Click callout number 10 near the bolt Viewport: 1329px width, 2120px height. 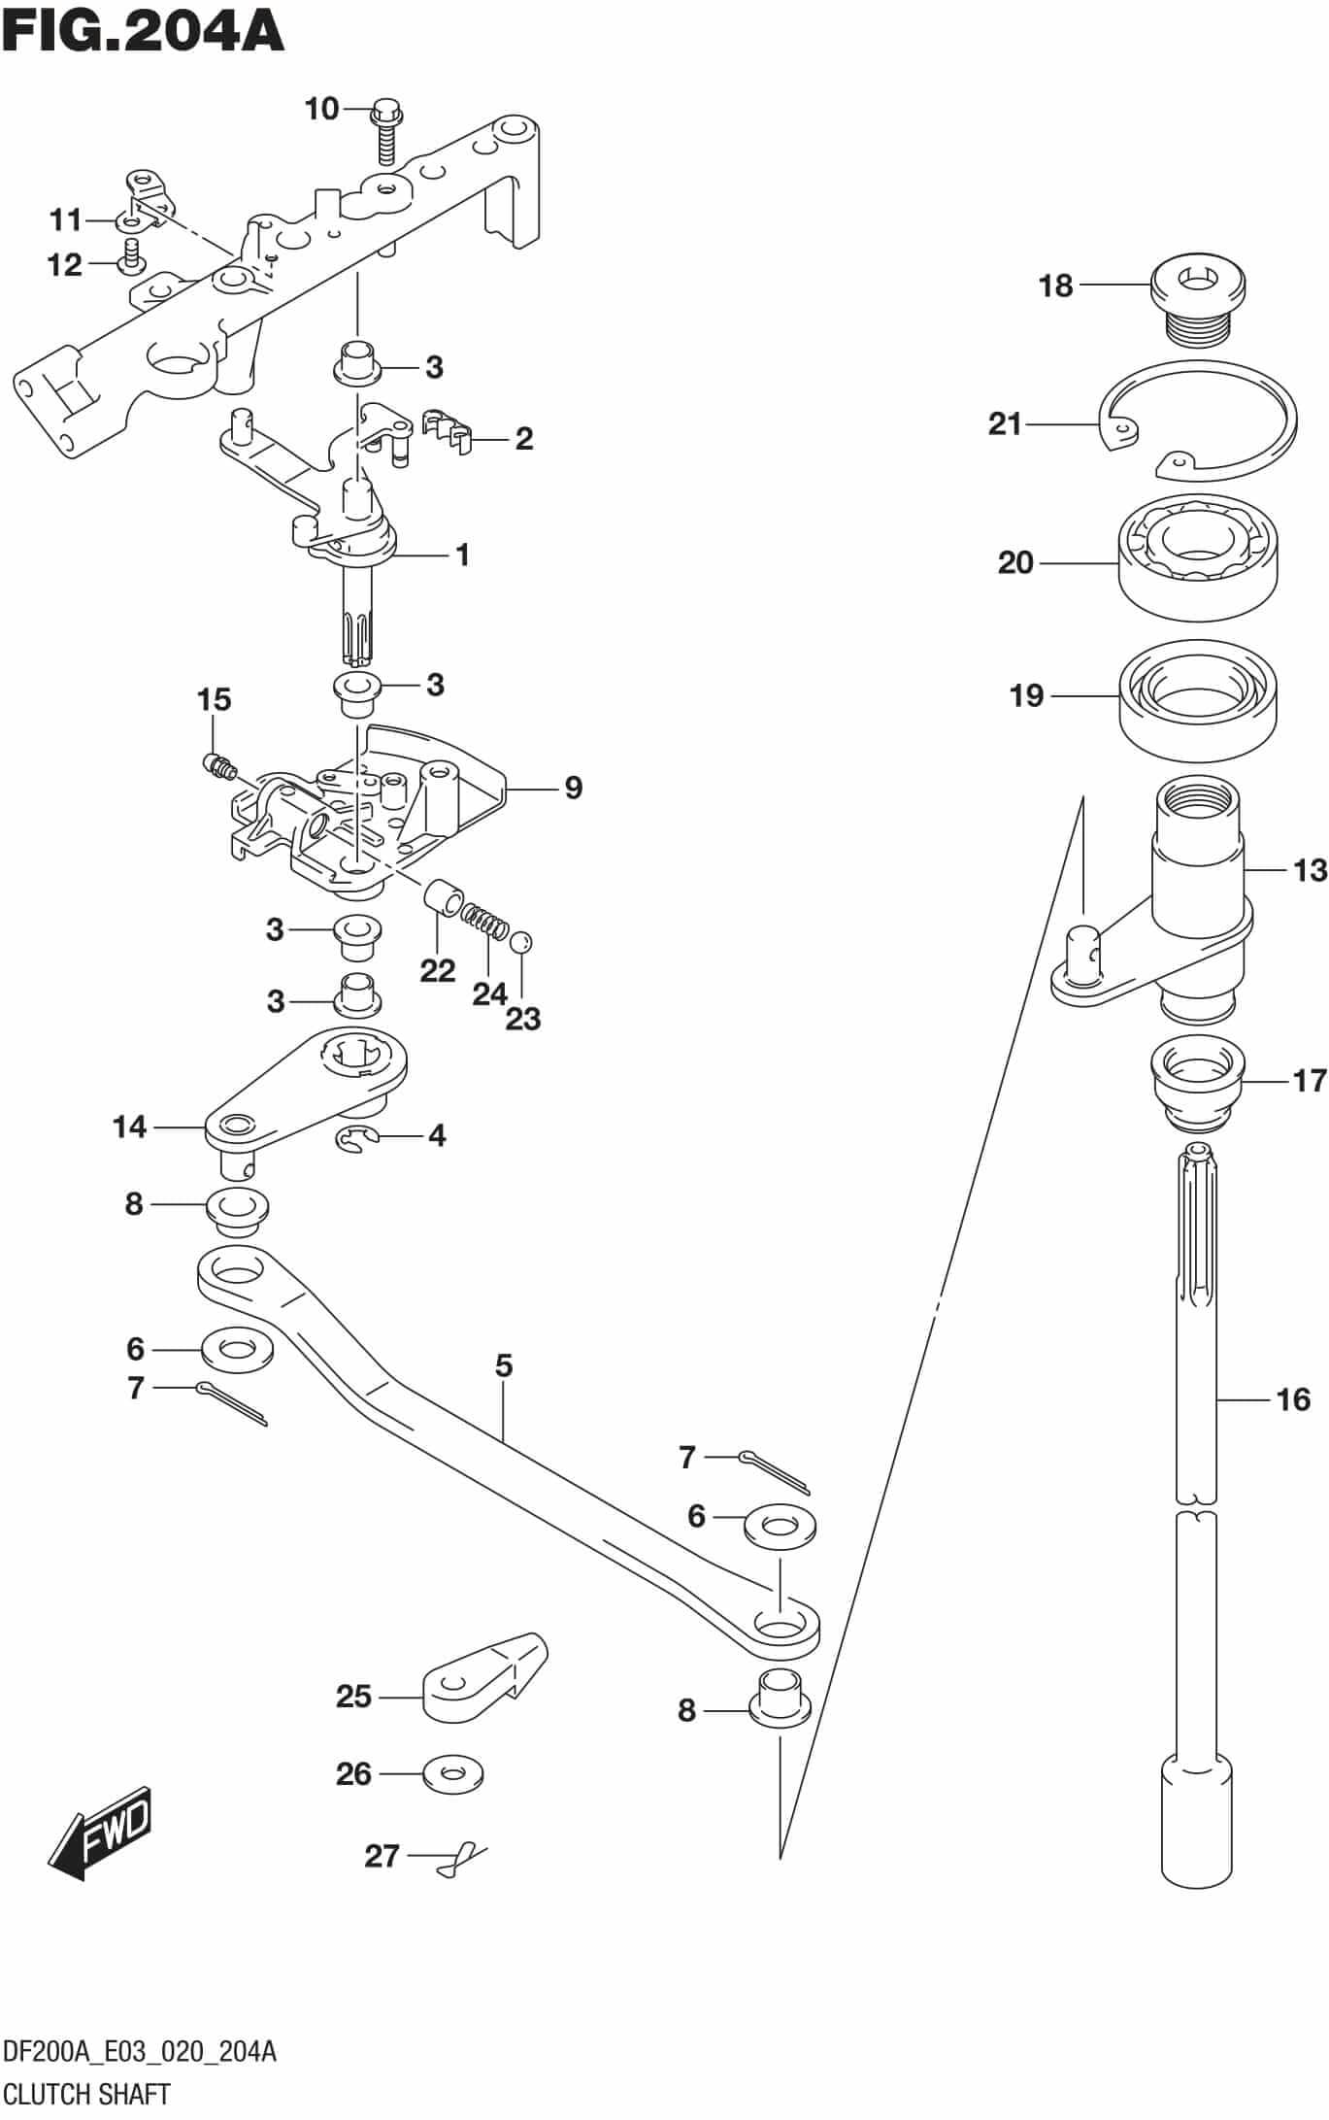pyautogui.click(x=321, y=109)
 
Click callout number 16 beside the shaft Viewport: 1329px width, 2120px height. pyautogui.click(x=1293, y=1399)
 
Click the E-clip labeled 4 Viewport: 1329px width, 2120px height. pyautogui.click(x=353, y=1143)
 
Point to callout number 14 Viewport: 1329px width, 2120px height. pyautogui.click(x=129, y=1127)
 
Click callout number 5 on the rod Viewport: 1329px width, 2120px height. pyautogui.click(x=503, y=1365)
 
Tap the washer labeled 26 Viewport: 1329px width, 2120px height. pyautogui.click(x=453, y=1773)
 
